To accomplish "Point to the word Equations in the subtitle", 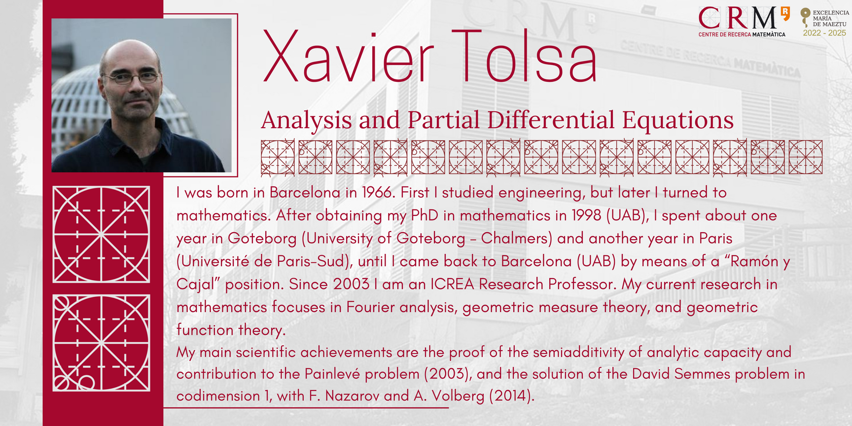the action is pyautogui.click(x=678, y=120).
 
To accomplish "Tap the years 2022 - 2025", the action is pyautogui.click(x=824, y=33).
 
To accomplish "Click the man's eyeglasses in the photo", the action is pyautogui.click(x=131, y=77).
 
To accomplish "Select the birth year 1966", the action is pyautogui.click(x=378, y=192).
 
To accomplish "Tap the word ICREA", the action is pyautogui.click(x=452, y=284).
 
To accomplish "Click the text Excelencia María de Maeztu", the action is pyautogui.click(x=831, y=18).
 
